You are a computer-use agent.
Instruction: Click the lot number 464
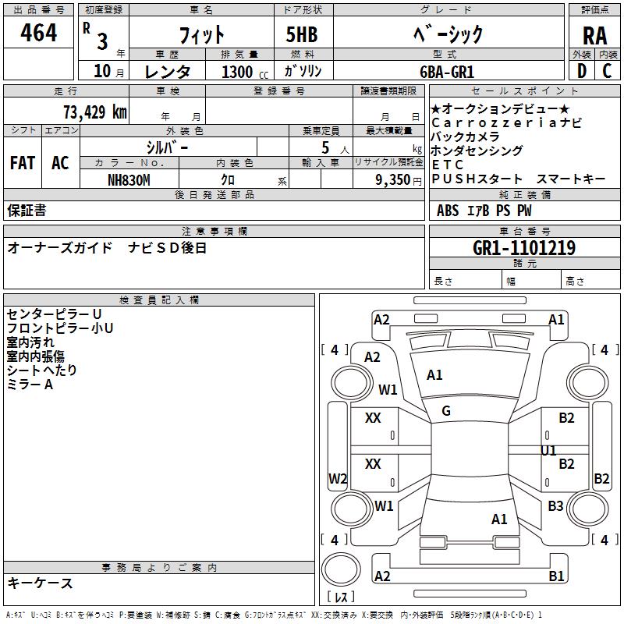[38, 33]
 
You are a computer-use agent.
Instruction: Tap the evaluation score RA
[594, 36]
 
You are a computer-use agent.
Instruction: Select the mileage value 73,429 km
[95, 112]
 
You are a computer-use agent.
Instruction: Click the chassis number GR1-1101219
[524, 248]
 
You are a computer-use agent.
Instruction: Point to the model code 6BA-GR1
[447, 72]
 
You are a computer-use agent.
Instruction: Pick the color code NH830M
[129, 180]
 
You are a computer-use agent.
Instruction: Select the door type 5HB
[302, 34]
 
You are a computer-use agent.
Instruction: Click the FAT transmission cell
[23, 163]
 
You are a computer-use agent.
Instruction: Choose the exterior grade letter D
[582, 71]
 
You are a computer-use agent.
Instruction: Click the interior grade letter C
[607, 71]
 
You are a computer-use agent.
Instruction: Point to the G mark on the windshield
[446, 411]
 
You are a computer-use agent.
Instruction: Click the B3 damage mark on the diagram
[555, 505]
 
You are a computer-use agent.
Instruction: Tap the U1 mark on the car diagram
[548, 451]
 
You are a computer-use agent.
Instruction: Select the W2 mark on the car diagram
[338, 478]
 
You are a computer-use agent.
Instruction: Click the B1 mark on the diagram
[556, 576]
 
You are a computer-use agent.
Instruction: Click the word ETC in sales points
[448, 165]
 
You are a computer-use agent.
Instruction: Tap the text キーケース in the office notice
[40, 583]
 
